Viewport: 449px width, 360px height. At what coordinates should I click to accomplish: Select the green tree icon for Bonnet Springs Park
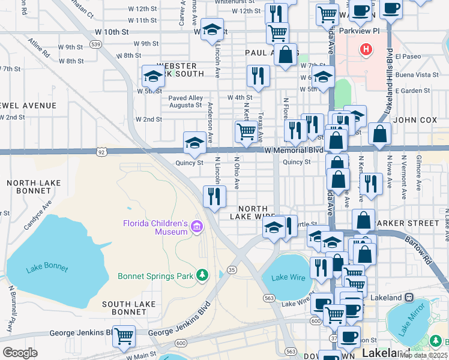click(203, 275)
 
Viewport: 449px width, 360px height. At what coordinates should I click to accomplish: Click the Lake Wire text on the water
click(284, 277)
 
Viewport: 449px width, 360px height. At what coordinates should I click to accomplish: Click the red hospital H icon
click(364, 49)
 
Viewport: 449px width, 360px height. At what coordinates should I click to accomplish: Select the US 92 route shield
click(104, 152)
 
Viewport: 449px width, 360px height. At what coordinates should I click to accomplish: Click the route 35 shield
click(231, 271)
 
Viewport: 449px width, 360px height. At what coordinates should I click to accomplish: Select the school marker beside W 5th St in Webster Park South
click(153, 76)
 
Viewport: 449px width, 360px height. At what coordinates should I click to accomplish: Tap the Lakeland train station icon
click(409, 298)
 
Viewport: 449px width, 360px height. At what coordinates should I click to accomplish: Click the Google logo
click(20, 352)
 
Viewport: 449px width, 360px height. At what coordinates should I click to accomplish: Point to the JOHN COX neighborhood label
click(417, 120)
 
